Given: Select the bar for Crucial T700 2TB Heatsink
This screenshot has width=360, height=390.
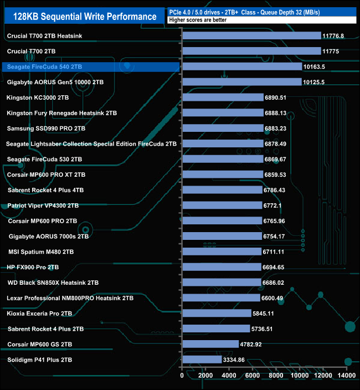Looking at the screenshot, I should tap(251, 36).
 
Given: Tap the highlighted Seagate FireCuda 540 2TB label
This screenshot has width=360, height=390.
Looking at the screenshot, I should tap(44, 67).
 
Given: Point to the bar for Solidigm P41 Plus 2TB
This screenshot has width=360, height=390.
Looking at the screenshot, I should tap(202, 360).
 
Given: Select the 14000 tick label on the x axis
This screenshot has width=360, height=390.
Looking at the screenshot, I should tap(347, 376).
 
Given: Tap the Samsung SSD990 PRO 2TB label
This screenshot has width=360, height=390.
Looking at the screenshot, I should tap(47, 129).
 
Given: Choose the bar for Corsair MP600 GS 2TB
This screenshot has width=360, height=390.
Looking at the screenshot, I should tap(210, 344).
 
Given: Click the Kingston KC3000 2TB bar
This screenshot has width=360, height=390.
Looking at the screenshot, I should tap(223, 97).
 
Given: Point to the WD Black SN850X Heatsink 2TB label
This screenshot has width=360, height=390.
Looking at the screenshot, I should tap(53, 283).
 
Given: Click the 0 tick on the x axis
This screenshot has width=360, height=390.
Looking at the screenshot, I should tap(182, 376).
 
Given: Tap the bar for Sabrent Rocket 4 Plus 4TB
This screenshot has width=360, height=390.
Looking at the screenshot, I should tap(222, 190).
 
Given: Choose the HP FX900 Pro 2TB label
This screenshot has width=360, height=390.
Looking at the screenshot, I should tap(33, 267).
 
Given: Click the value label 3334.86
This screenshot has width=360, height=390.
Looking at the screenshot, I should tap(233, 360).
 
